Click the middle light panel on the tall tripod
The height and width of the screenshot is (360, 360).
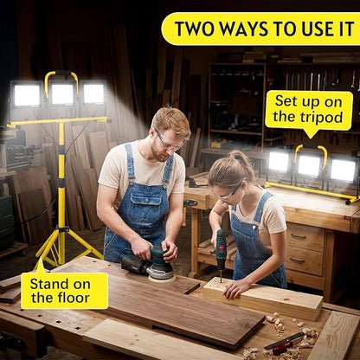point(62,93)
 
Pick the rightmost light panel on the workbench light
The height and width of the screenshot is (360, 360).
point(343,170)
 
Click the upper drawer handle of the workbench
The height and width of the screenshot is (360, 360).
point(299,237)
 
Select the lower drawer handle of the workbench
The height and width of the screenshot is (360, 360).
point(297,260)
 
